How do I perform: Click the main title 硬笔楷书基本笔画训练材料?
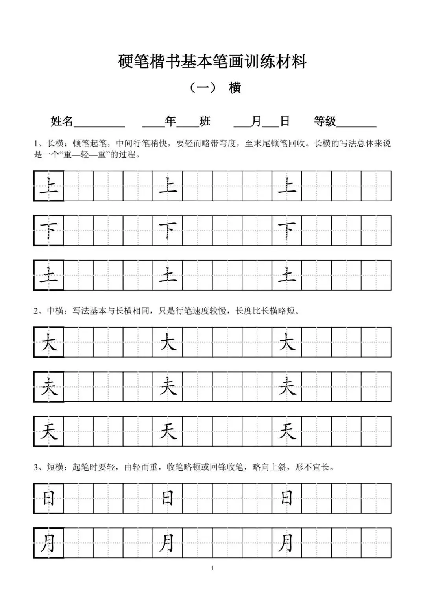point(212,62)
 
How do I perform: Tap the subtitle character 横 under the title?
point(235,88)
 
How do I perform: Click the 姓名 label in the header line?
point(62,121)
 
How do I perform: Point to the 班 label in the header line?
point(205,121)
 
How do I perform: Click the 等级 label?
point(325,121)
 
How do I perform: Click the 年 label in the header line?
point(170,121)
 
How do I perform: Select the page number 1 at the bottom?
point(213,568)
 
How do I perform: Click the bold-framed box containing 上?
point(49,186)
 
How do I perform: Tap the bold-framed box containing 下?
point(49,231)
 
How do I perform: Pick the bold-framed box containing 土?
point(49,275)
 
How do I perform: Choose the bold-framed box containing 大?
point(49,342)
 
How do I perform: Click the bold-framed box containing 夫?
point(49,387)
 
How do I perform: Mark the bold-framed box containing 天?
point(49,431)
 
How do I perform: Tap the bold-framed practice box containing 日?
point(49,498)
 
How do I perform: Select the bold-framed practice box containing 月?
point(49,543)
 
